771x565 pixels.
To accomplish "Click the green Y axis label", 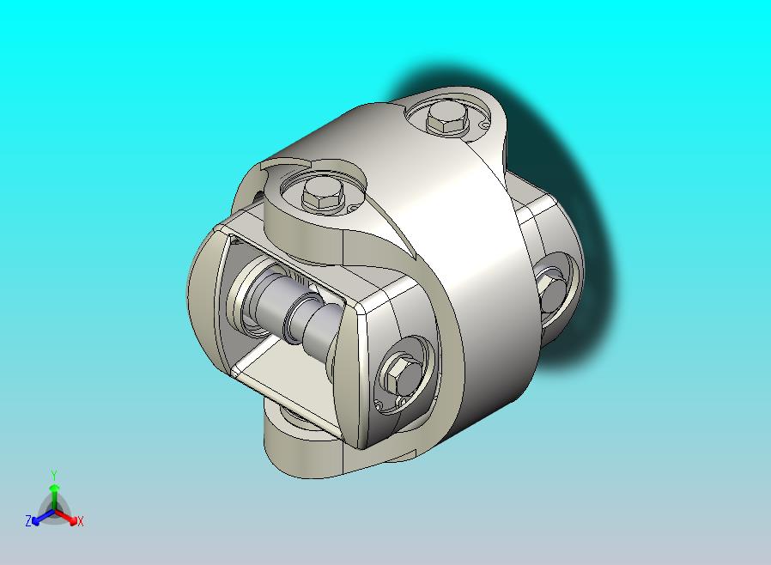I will (54, 475).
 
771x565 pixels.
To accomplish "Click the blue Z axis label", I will (28, 520).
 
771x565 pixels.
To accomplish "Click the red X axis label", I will (80, 520).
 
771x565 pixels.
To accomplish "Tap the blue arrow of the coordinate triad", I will (39, 516).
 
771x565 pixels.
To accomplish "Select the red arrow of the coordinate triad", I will (69, 517).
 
